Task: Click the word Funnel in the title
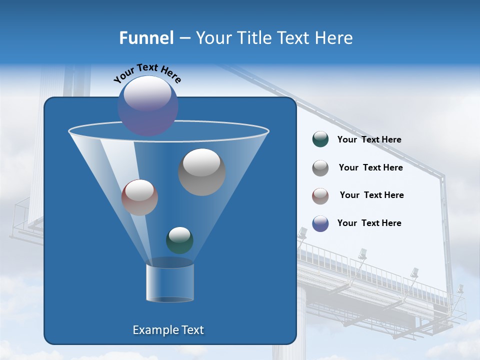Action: (146, 38)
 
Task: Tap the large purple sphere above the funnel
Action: (148, 105)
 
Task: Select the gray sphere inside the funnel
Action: (202, 172)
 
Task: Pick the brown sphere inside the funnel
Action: (140, 197)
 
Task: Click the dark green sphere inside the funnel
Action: (179, 240)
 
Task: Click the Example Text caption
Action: (168, 330)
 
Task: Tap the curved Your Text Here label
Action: (147, 73)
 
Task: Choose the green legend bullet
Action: (320, 139)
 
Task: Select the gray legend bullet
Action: (320, 167)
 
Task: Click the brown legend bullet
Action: (320, 195)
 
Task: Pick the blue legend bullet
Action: (320, 223)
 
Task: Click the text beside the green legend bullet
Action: (369, 140)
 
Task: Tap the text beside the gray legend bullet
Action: (370, 168)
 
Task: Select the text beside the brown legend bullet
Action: (371, 195)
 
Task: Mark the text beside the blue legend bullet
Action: (369, 223)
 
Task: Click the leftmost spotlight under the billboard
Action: (302, 233)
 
